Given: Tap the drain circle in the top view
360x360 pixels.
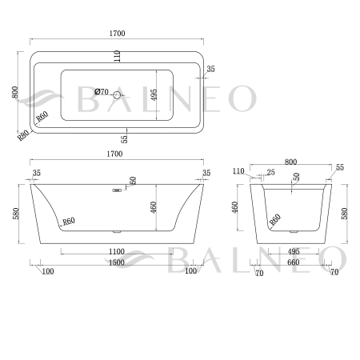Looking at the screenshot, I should click(118, 96).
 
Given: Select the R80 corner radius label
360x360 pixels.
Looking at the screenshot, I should click(23, 134).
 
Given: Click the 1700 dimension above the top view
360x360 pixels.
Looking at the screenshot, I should click(118, 34).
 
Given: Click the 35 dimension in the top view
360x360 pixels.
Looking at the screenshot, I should click(210, 70).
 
